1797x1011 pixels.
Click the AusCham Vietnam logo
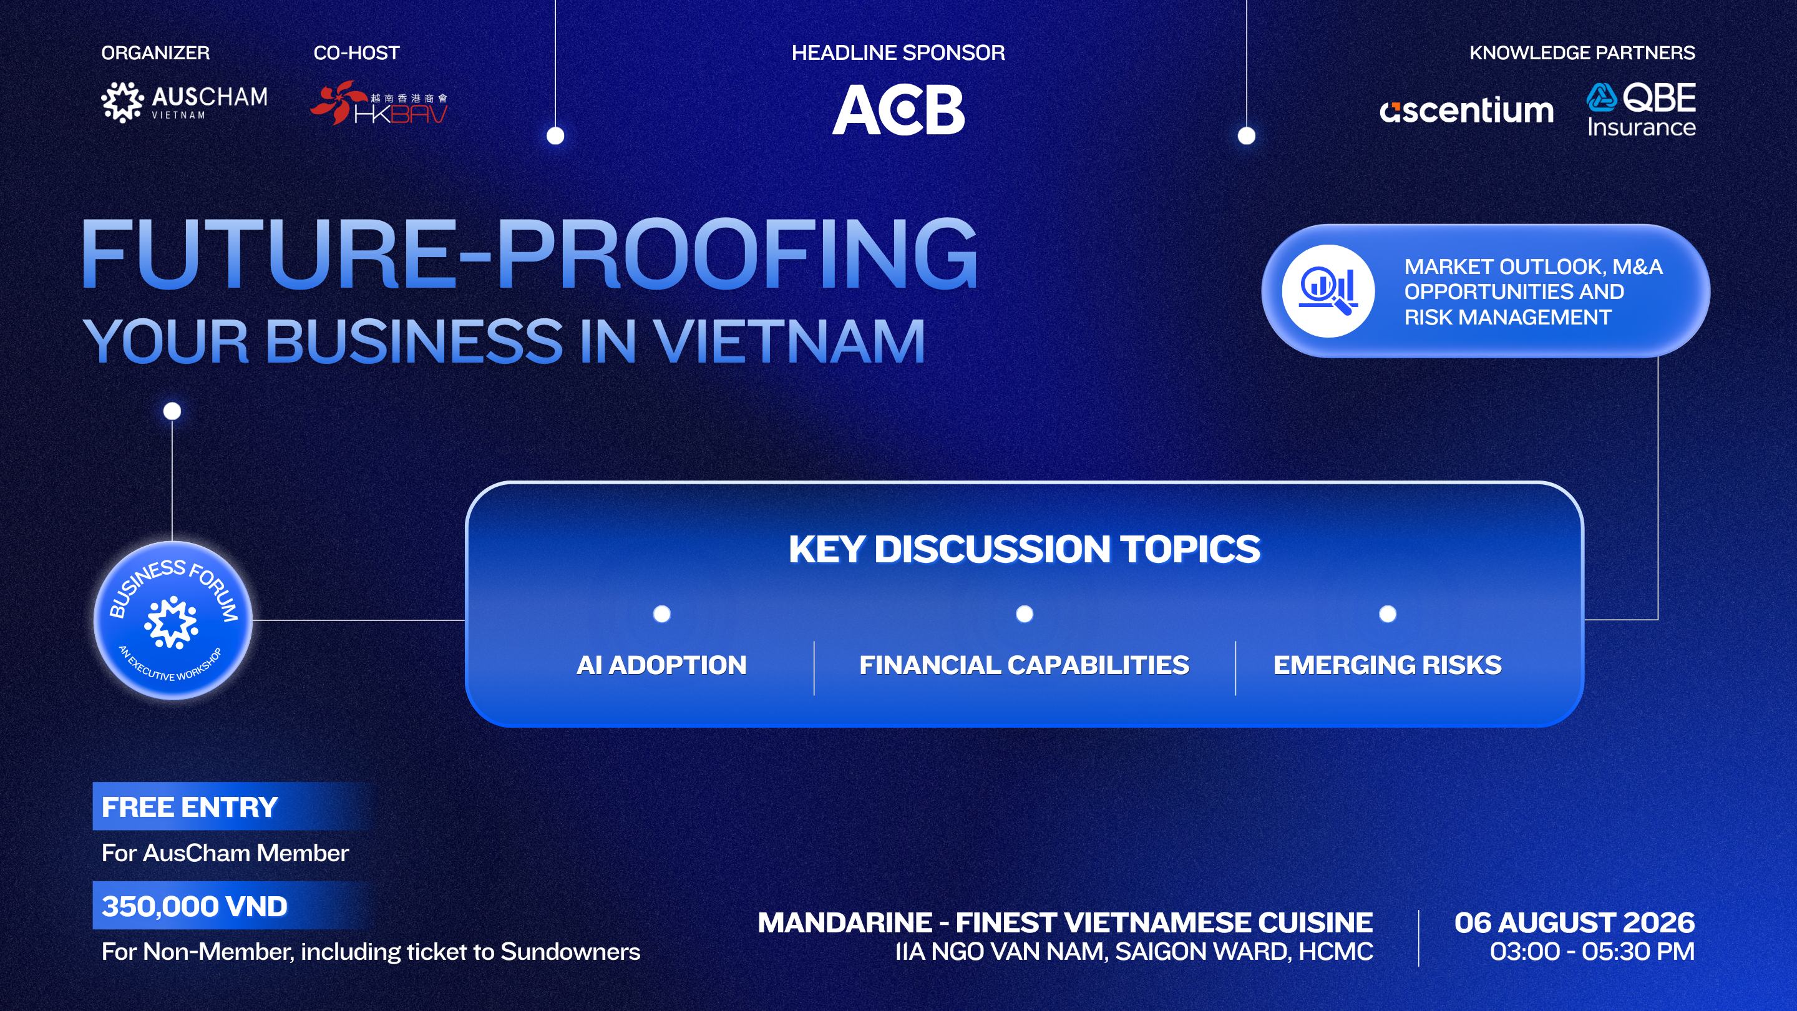pyautogui.click(x=184, y=102)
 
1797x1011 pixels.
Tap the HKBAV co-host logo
pyautogui.click(x=379, y=103)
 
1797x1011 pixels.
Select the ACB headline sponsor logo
pyautogui.click(x=898, y=110)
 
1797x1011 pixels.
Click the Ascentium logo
pyautogui.click(x=1466, y=110)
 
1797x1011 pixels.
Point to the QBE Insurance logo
pyautogui.click(x=1641, y=110)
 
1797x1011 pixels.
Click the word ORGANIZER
pyautogui.click(x=155, y=53)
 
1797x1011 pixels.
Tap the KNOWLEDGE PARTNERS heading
pyautogui.click(x=1582, y=53)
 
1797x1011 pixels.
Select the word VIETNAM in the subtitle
pyautogui.click(x=789, y=341)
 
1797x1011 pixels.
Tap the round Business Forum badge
pyautogui.click(x=173, y=620)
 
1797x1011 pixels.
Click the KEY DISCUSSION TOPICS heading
pyautogui.click(x=1024, y=549)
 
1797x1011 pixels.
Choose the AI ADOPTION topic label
pyautogui.click(x=661, y=665)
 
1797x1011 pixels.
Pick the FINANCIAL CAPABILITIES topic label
pyautogui.click(x=1024, y=665)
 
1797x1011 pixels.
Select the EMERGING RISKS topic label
pyautogui.click(x=1388, y=665)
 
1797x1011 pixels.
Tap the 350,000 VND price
pyautogui.click(x=195, y=906)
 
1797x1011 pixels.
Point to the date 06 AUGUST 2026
pyautogui.click(x=1574, y=922)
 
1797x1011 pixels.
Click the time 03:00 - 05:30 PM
pyautogui.click(x=1592, y=952)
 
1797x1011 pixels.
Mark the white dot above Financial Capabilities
pyautogui.click(x=1024, y=614)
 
